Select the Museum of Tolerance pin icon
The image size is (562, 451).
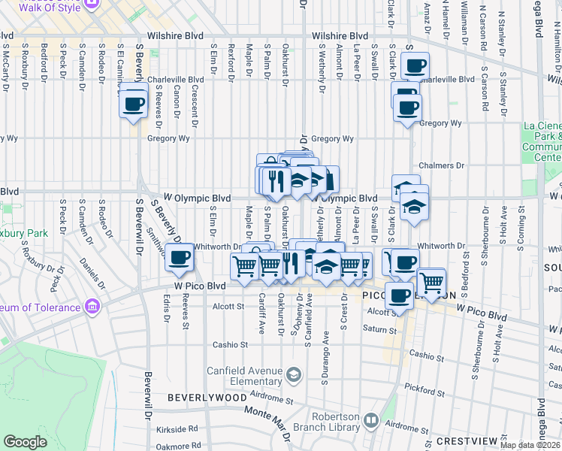pyautogui.click(x=92, y=307)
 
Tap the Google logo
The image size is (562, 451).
pyautogui.click(x=25, y=442)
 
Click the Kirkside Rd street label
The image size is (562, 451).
pyautogui.click(x=178, y=428)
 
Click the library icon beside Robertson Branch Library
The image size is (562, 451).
pyautogui.click(x=369, y=420)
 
